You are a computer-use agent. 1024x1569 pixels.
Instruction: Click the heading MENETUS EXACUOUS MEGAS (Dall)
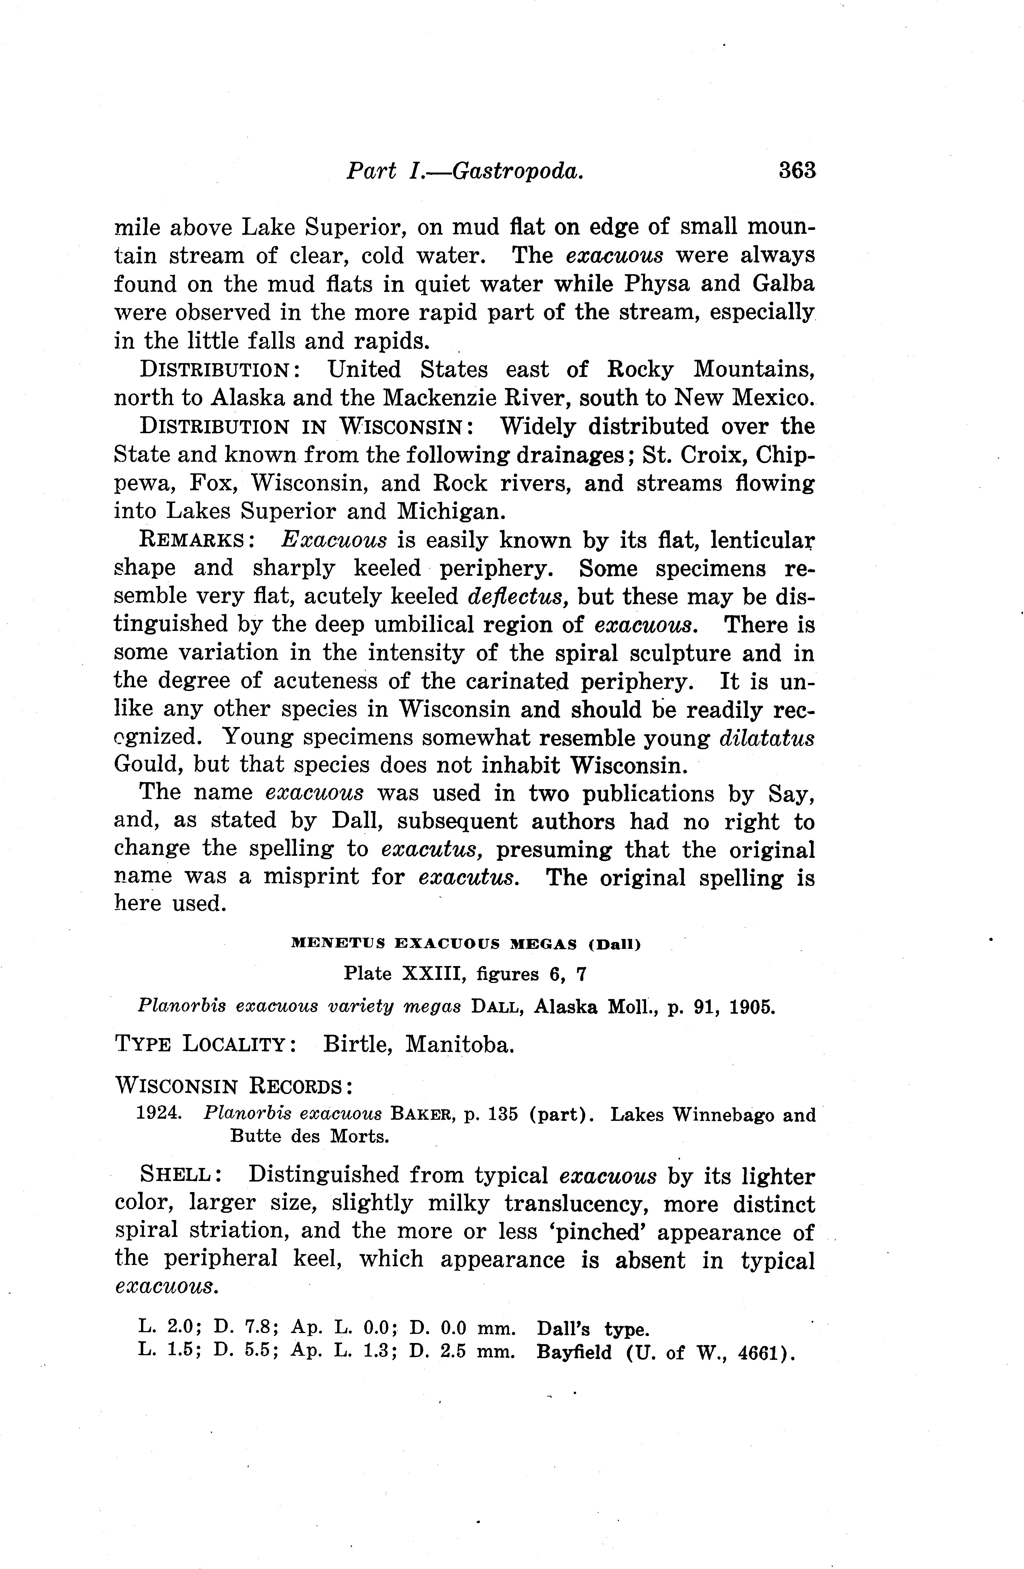pos(465,944)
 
